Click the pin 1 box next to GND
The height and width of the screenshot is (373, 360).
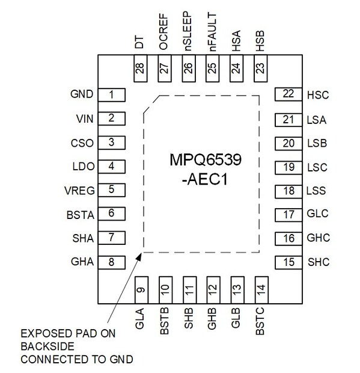pyautogui.click(x=111, y=94)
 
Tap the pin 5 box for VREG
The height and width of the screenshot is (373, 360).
pyautogui.click(x=111, y=190)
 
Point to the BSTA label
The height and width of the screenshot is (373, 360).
pyautogui.click(x=82, y=214)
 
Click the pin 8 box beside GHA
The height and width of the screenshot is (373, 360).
pyautogui.click(x=111, y=262)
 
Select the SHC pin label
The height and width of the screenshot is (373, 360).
pyautogui.click(x=317, y=262)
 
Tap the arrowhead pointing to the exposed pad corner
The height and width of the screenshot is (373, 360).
pyautogui.click(x=139, y=256)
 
